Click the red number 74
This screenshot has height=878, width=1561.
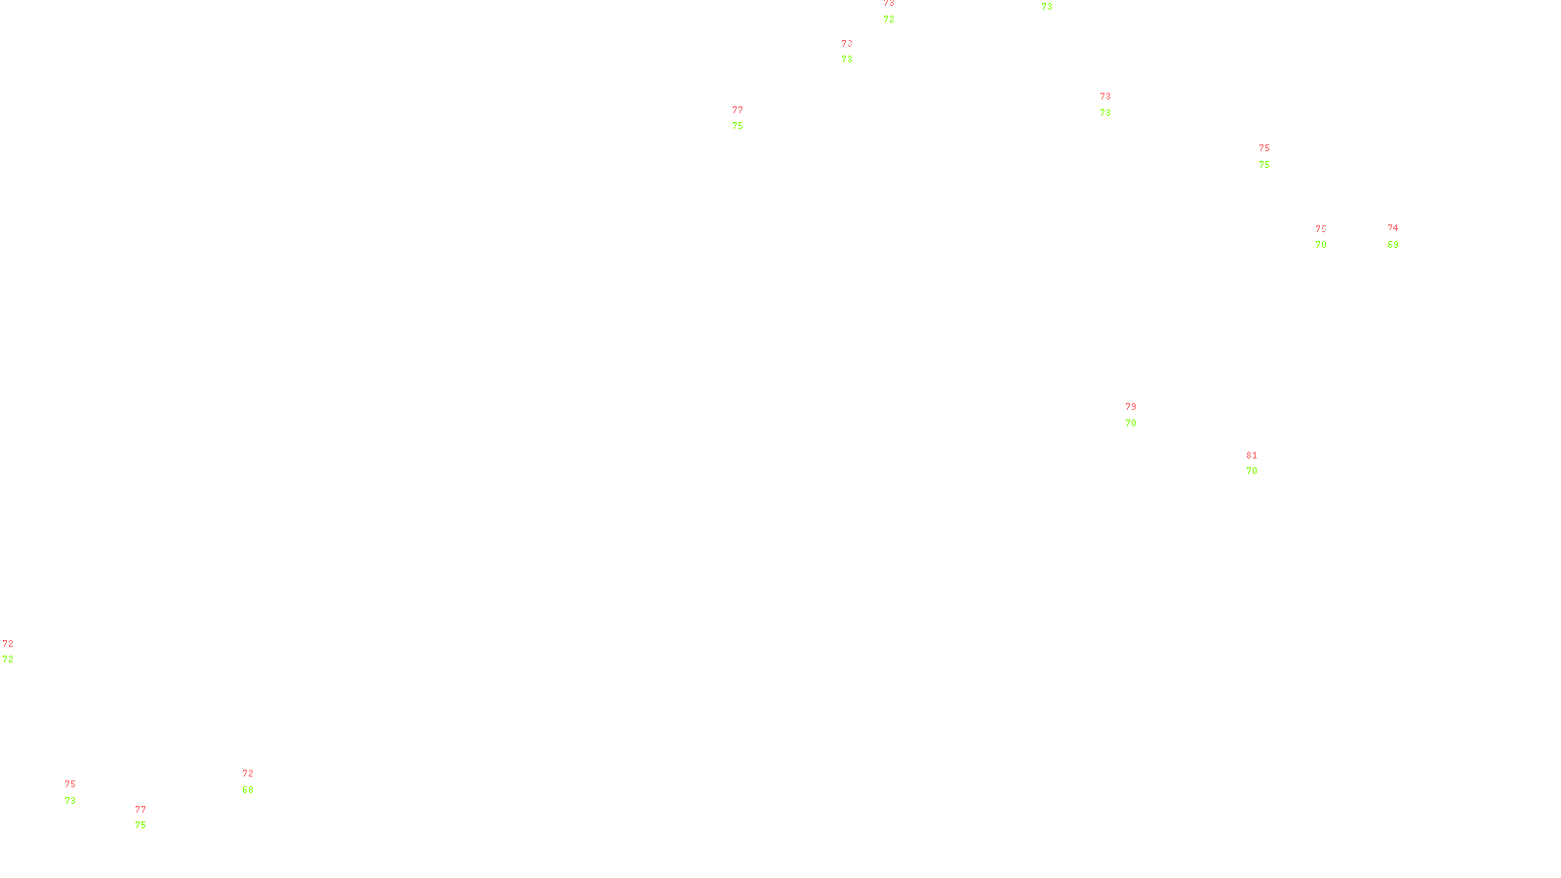coord(1393,228)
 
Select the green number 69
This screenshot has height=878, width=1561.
coord(1393,245)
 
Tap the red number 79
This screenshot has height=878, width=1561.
coord(1131,407)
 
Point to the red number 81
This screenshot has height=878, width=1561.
coord(1252,456)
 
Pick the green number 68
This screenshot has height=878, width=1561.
coord(248,790)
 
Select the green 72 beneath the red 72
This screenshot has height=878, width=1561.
coord(8,659)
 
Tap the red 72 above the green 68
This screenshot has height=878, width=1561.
coord(248,774)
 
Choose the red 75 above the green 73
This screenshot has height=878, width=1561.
coord(70,784)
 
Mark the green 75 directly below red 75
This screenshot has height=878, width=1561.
coord(1264,165)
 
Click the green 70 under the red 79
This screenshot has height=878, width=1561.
coord(1131,423)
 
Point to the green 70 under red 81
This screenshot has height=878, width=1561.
coord(1252,471)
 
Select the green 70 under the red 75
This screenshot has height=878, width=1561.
coord(1321,245)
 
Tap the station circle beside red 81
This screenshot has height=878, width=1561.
coord(1261,463)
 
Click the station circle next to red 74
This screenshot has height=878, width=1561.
coord(1402,236)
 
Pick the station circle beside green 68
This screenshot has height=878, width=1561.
coord(257,781)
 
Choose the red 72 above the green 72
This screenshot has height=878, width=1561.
coord(8,644)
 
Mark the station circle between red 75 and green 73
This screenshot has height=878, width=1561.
coord(80,792)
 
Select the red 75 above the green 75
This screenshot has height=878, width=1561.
coord(1264,148)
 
